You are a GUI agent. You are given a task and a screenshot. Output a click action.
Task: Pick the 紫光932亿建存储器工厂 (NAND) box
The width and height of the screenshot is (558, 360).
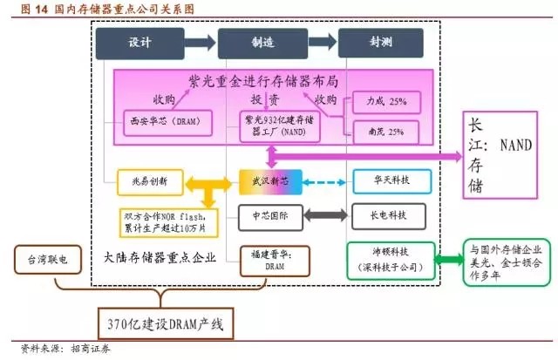(278, 126)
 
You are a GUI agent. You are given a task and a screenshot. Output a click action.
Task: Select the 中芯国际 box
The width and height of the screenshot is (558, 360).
(268, 213)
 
